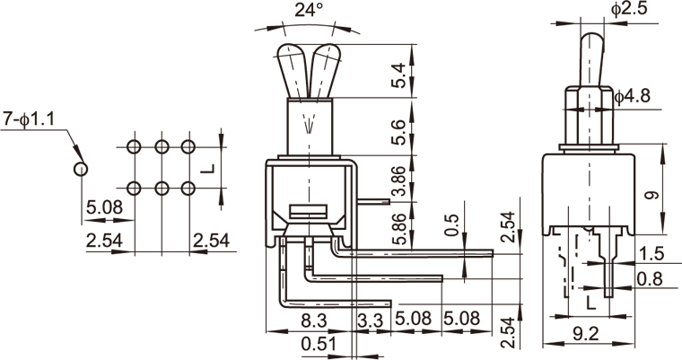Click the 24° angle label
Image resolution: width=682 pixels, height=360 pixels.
point(306,12)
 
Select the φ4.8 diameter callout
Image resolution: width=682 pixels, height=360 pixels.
point(638,92)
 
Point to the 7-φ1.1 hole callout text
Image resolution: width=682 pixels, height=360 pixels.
point(30,118)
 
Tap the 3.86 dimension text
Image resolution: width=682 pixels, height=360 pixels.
point(402,180)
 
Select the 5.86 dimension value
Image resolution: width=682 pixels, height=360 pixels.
point(402,226)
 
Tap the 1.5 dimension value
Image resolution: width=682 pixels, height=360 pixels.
point(654,253)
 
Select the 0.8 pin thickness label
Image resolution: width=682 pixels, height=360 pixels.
point(654,280)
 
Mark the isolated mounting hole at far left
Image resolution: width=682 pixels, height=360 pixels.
point(82,167)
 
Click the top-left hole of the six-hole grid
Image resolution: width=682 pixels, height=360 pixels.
point(134,146)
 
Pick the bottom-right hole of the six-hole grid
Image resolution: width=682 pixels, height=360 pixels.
point(188,187)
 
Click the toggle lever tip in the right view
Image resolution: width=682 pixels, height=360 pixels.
point(592,41)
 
